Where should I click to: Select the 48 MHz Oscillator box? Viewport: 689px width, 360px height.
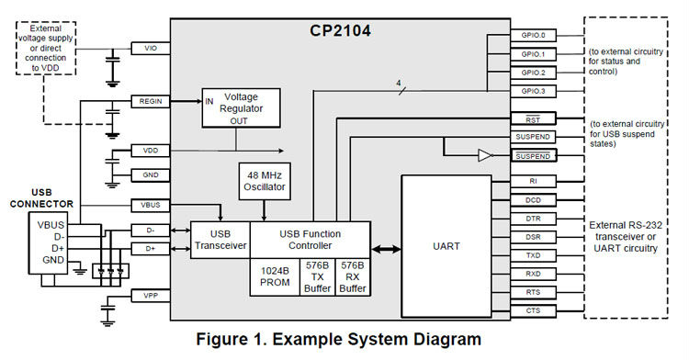pos(265,180)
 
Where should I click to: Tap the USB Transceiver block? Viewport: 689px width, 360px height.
pos(220,239)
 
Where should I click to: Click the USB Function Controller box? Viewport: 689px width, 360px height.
pos(311,239)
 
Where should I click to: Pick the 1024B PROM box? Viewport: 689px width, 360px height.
pos(274,276)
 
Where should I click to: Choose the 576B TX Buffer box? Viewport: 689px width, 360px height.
pos(317,276)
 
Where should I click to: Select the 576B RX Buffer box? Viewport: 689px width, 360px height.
pos(354,276)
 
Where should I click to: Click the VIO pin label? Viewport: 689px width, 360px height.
pos(150,47)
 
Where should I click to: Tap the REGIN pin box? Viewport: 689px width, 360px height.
pos(150,101)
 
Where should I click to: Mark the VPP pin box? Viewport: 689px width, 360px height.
pos(150,295)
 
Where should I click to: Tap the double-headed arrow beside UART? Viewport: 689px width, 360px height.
pos(386,248)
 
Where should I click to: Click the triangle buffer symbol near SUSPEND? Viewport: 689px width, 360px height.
pos(485,156)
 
